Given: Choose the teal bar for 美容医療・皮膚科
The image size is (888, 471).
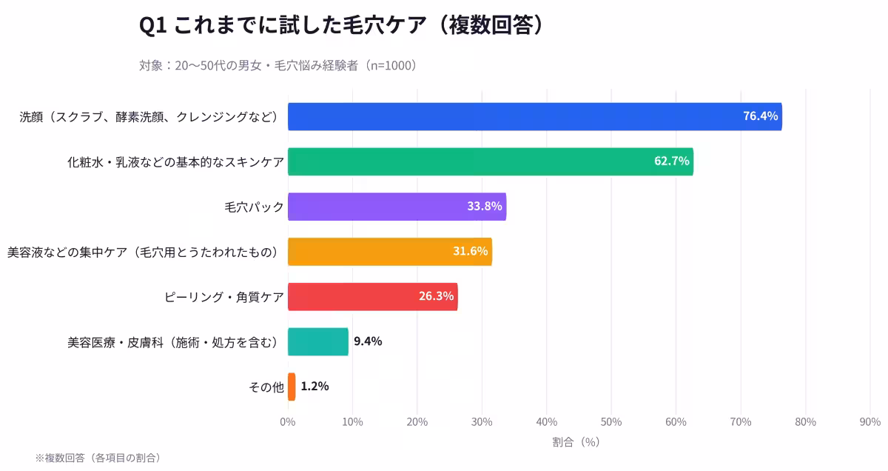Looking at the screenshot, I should click(x=318, y=341).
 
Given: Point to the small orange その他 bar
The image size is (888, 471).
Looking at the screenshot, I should click(x=292, y=387).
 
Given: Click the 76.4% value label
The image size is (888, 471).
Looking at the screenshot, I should click(x=760, y=116).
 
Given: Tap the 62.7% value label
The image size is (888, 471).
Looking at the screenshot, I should click(x=671, y=161).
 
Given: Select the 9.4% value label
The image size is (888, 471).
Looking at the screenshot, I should click(x=368, y=341).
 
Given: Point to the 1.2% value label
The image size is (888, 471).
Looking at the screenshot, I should click(x=314, y=387).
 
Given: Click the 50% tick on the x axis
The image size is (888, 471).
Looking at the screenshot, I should click(x=610, y=422).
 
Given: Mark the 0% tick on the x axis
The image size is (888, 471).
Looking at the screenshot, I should click(x=288, y=422).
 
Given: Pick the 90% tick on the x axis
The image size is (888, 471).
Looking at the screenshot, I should click(x=869, y=422).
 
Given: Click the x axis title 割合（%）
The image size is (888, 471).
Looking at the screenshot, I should click(x=576, y=442).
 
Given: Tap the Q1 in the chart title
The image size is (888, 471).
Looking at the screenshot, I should click(x=152, y=26).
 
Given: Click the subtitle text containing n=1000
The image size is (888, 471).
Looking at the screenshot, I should click(x=280, y=65).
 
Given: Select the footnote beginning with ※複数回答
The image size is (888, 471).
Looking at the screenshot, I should click(x=98, y=458).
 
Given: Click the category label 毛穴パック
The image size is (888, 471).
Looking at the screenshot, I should click(x=254, y=207).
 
